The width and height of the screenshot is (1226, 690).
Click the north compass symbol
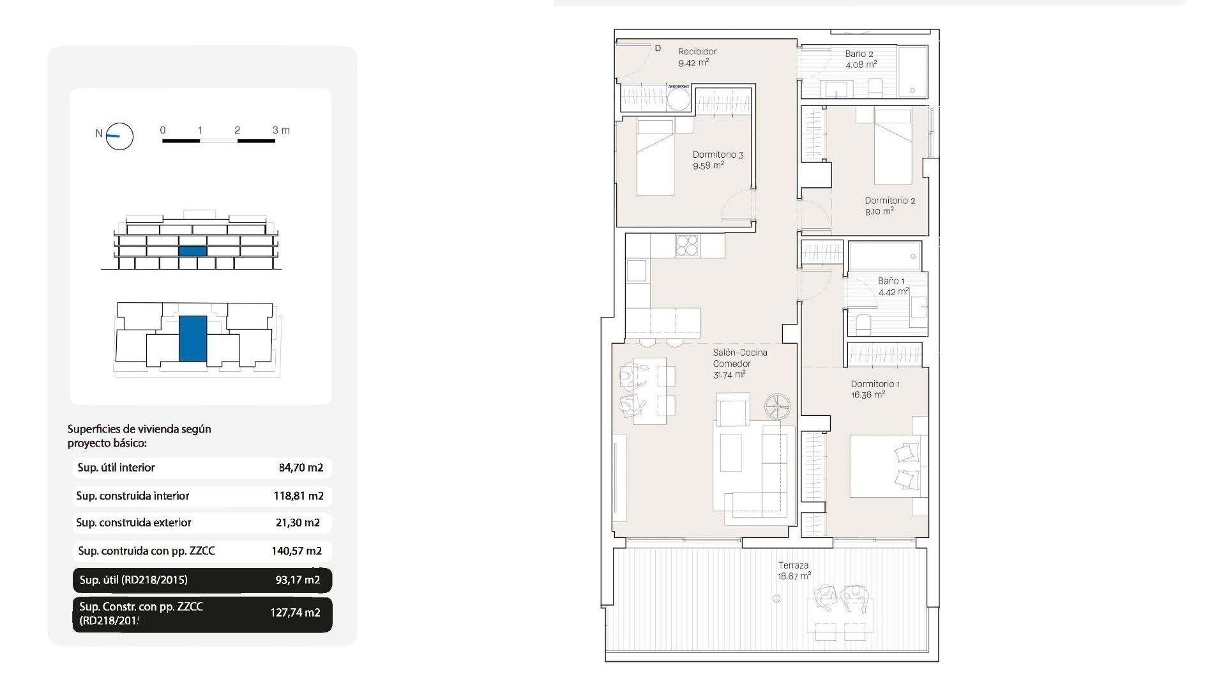coord(119,136)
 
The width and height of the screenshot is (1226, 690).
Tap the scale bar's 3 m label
coord(281,130)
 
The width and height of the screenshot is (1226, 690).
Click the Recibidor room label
coord(697,52)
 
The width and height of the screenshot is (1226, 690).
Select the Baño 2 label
coord(859,54)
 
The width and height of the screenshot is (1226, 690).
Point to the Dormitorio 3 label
coord(718,155)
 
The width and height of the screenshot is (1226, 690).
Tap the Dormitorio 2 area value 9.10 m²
coord(879,211)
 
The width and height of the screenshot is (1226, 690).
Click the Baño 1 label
coord(891,281)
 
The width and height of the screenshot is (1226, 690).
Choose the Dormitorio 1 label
coord(875,384)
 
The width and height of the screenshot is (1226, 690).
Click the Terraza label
coord(793,565)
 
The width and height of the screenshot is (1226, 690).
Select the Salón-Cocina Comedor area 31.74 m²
coord(729,375)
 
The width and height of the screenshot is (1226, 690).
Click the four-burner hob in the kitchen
coord(687,246)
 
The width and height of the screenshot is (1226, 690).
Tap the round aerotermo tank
coord(678,100)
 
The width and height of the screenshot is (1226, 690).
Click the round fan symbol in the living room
coord(777,406)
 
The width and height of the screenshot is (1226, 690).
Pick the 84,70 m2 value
coord(301,468)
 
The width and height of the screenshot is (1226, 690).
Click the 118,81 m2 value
coord(298,496)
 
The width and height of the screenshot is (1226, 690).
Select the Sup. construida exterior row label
coord(133,523)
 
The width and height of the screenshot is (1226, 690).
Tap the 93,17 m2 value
coord(298,580)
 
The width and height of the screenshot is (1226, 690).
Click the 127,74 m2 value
coord(295,613)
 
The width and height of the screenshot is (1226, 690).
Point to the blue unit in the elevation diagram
coord(192,251)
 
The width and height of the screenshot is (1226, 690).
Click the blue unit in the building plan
coord(192,339)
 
